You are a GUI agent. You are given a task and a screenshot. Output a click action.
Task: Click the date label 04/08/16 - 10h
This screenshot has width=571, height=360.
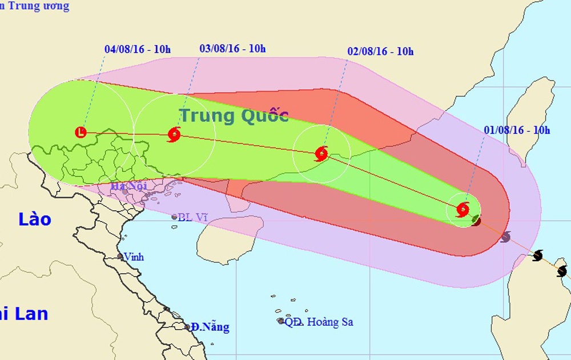pos(138,49)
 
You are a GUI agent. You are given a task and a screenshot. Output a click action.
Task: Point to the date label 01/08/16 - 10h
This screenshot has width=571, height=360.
pos(517,130)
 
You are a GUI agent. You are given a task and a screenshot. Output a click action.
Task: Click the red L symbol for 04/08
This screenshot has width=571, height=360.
pos(81,133)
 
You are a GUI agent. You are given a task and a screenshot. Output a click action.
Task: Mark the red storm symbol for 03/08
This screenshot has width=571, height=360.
pos(174,135)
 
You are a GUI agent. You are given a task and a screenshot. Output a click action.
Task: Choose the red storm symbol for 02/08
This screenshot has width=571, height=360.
pos(321,153)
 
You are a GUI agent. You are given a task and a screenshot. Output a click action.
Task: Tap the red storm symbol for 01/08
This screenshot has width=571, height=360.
pos(463,209)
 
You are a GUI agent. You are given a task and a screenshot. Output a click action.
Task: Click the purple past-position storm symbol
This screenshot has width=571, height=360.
pos(505,237)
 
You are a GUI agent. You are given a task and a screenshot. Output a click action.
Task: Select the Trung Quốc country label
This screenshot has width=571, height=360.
pos(234,115)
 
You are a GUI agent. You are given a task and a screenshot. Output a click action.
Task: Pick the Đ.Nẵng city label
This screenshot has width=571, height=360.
pos(210,327)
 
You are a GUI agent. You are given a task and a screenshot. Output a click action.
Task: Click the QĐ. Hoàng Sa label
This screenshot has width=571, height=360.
pos(319,322)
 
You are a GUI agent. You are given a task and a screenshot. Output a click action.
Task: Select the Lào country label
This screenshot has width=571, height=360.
pos(34,219)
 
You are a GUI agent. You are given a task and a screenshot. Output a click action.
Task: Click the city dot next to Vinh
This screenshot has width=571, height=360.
pos(120,257)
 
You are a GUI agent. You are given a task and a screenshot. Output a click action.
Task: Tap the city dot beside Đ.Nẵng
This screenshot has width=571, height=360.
pos(187,327)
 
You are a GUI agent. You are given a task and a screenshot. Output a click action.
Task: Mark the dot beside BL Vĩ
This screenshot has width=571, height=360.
pos(175,217)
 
